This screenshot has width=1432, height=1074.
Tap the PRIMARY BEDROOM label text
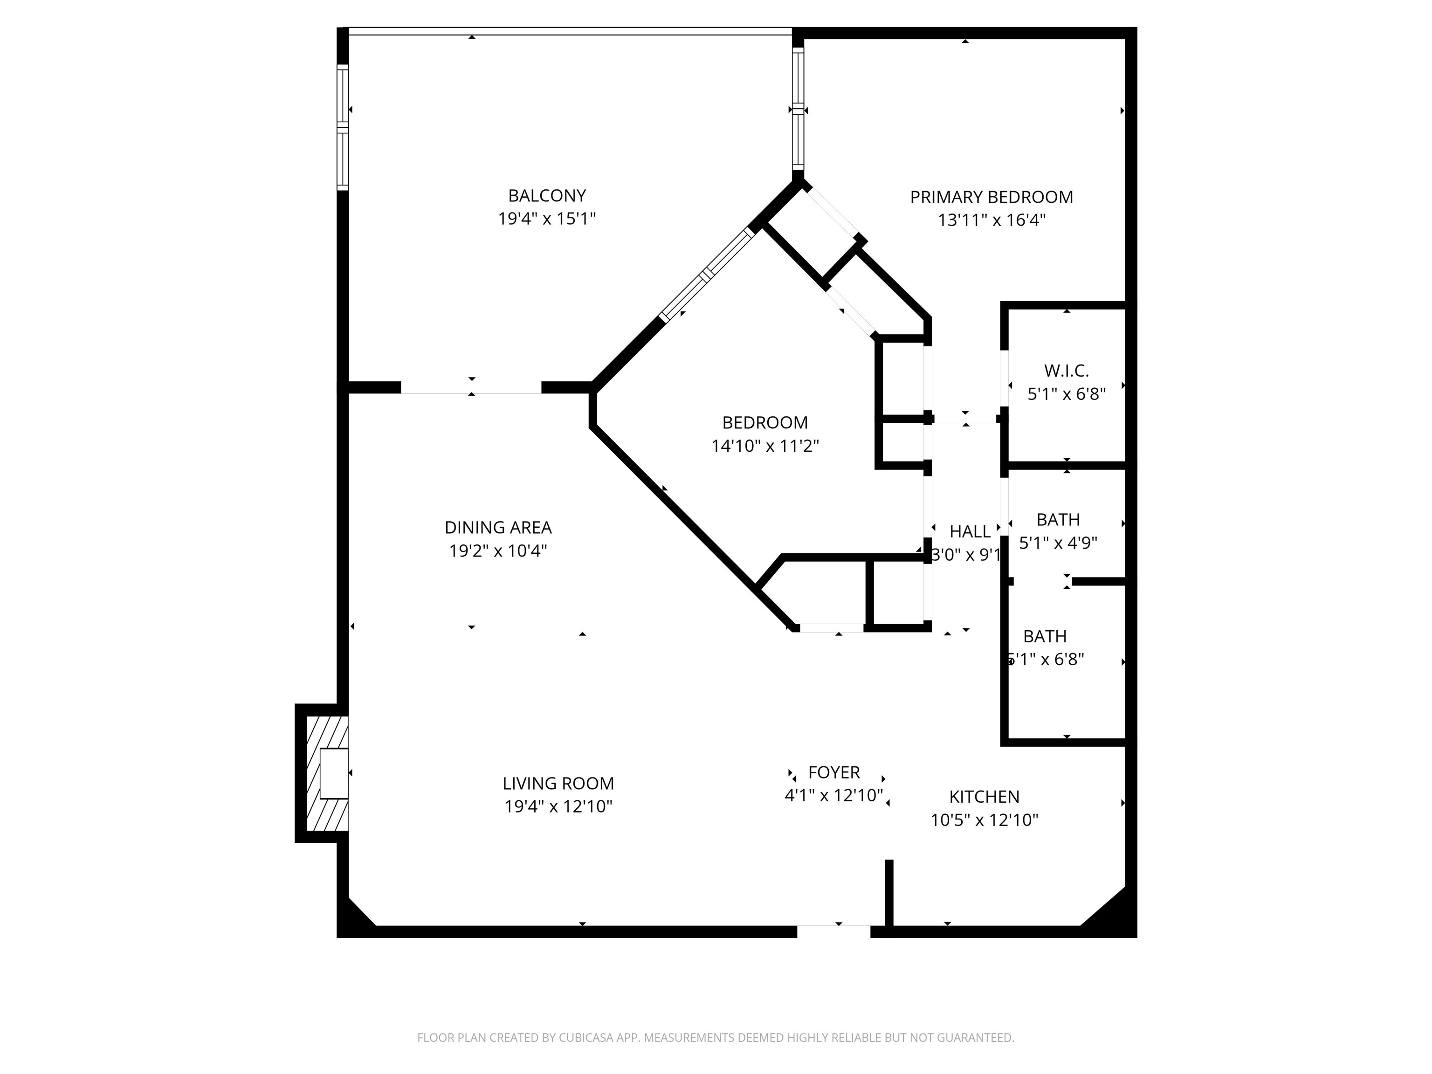[991, 198]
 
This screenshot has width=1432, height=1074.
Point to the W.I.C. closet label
[1066, 371]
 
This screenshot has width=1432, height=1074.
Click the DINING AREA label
[498, 528]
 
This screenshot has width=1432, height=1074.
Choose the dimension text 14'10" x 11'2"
[765, 446]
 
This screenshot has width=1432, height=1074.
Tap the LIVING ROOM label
[558, 783]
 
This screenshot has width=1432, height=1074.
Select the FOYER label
[834, 772]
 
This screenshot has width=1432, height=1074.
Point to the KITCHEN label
[984, 797]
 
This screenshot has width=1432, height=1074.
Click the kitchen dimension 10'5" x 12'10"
[984, 820]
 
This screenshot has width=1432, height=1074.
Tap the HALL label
[969, 531]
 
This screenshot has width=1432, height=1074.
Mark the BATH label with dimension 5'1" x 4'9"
[1058, 520]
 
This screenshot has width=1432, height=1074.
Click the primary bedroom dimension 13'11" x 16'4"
[991, 220]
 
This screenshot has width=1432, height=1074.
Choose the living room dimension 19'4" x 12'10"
[558, 806]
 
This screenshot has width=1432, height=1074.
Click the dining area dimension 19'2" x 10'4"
[498, 551]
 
